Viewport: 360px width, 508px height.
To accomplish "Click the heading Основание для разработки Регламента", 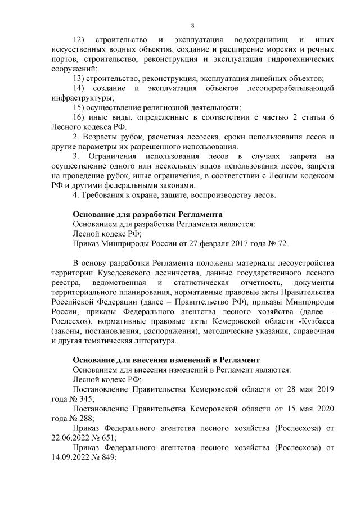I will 148,214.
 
